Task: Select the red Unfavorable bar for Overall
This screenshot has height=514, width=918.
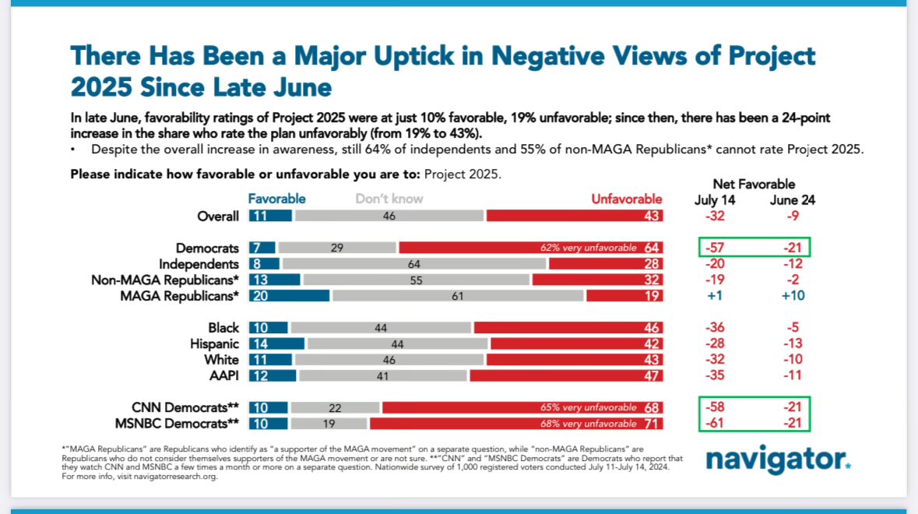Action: [x=574, y=217]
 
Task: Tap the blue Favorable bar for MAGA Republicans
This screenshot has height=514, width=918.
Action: [x=289, y=296]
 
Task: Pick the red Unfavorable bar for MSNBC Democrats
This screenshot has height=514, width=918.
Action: [x=516, y=424]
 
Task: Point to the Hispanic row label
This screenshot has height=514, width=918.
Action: [x=215, y=343]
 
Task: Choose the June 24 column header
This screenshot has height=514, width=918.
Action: [x=792, y=200]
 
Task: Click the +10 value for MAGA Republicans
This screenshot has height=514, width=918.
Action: [x=792, y=296]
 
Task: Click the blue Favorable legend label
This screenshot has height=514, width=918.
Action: [x=276, y=199]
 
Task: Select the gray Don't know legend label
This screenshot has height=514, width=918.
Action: [x=389, y=199]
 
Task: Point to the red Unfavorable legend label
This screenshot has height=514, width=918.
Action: [x=626, y=199]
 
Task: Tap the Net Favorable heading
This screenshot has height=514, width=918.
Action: [x=754, y=185]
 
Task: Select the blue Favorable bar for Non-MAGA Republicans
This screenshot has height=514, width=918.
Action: [x=274, y=280]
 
